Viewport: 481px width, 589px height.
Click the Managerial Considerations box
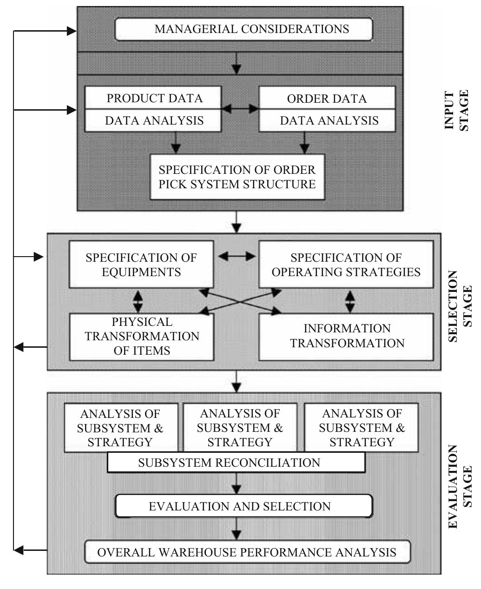tap(244, 29)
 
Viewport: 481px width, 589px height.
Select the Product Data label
tap(154, 98)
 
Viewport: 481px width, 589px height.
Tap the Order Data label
tap(327, 99)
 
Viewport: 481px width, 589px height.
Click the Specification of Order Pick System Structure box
tap(237, 177)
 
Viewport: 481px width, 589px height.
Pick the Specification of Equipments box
tap(141, 265)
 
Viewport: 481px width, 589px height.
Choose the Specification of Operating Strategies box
tap(346, 265)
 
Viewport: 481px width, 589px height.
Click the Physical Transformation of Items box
tap(141, 336)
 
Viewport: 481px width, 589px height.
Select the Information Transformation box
tap(346, 336)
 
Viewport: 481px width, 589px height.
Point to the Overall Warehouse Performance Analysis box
tap(247, 552)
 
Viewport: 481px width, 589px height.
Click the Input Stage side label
tap(457, 111)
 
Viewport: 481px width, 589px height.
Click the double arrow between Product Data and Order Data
tap(240, 109)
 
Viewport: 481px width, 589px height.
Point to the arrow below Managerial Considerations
tap(237, 63)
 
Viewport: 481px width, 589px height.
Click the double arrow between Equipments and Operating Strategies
tap(237, 256)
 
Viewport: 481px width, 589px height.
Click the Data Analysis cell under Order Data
tap(329, 121)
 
